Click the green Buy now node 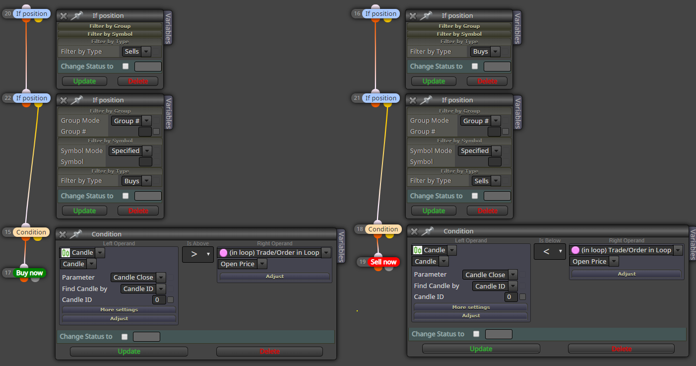pyautogui.click(x=30, y=273)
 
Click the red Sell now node pyautogui.click(x=383, y=262)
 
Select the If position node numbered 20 pyautogui.click(x=31, y=14)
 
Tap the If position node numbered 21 pyautogui.click(x=380, y=98)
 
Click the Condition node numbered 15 pyautogui.click(x=31, y=232)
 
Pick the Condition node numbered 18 pyautogui.click(x=383, y=229)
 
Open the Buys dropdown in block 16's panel pyautogui.click(x=485, y=52)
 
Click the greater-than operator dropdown pyautogui.click(x=197, y=254)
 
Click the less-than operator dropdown pyautogui.click(x=550, y=252)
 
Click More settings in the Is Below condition pyautogui.click(x=471, y=307)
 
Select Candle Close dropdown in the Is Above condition pyautogui.click(x=138, y=278)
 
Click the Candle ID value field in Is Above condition pyautogui.click(x=159, y=300)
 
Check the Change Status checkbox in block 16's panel pyautogui.click(x=475, y=66)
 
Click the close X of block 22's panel pyautogui.click(x=63, y=100)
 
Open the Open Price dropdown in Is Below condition pyautogui.click(x=594, y=262)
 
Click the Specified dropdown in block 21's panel pyautogui.click(x=479, y=151)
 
